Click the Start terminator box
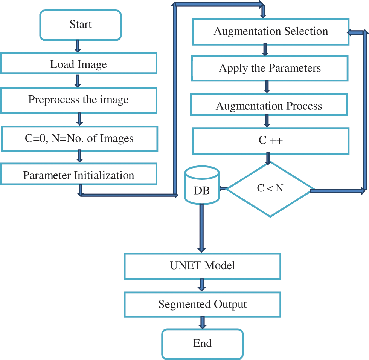pos(81,25)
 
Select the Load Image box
pos(78,63)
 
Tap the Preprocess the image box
pos(78,100)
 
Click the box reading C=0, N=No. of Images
pos(78,139)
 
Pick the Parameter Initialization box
pos(78,175)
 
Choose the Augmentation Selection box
pos(270,31)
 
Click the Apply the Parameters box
pos(270,69)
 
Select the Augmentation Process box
pos(269,106)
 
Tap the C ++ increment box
pos(270,141)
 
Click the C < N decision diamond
pos(270,189)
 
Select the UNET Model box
pos(203,266)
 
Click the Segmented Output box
pos(203,305)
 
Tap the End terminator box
pos(203,344)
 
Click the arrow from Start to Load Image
pos(78,46)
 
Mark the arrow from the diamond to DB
pos(223,189)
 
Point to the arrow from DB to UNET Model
pos(202,228)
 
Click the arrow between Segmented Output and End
pos(203,323)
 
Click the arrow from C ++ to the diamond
pos(268,158)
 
